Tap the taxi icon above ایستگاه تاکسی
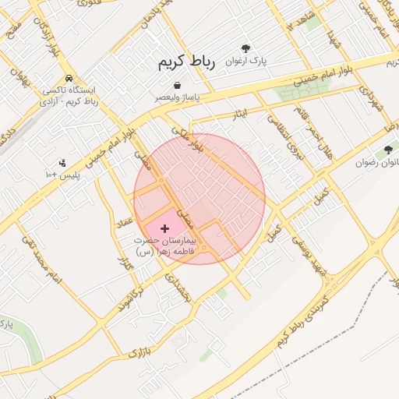click(x=70, y=79)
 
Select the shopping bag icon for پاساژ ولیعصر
click(x=178, y=85)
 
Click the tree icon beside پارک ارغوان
click(x=246, y=48)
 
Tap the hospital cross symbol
click(x=164, y=228)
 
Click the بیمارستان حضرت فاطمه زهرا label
click(x=167, y=246)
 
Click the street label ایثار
click(x=240, y=115)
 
